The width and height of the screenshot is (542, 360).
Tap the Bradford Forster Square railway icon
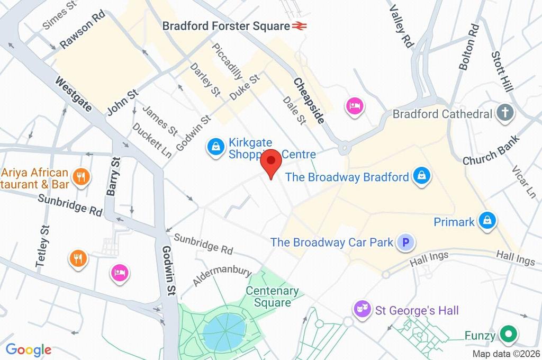click(300, 25)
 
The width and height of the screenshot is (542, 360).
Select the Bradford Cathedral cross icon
click(505, 113)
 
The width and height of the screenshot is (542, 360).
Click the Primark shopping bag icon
click(486, 221)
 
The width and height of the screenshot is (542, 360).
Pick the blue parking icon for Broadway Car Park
click(406, 242)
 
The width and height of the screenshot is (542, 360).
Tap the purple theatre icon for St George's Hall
click(363, 309)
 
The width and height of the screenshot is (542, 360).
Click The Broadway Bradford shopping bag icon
click(421, 176)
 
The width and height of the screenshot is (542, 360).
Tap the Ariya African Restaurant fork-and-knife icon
click(81, 177)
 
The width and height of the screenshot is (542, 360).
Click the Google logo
click(29, 349)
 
